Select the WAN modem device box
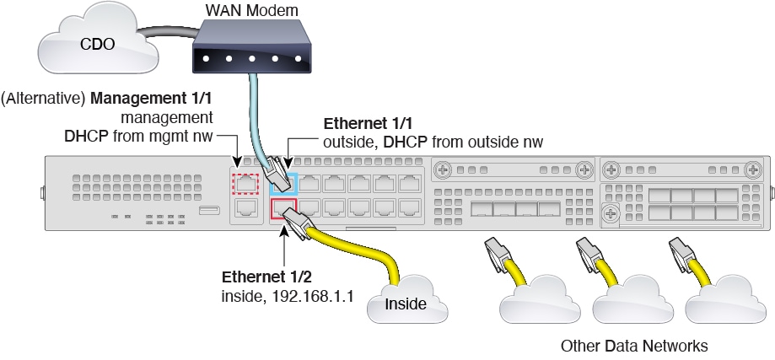point(246,49)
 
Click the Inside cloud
point(405,304)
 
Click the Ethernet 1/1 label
point(359,124)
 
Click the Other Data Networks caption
point(634,346)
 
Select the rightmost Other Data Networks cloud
point(720,305)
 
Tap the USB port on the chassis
point(206,209)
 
